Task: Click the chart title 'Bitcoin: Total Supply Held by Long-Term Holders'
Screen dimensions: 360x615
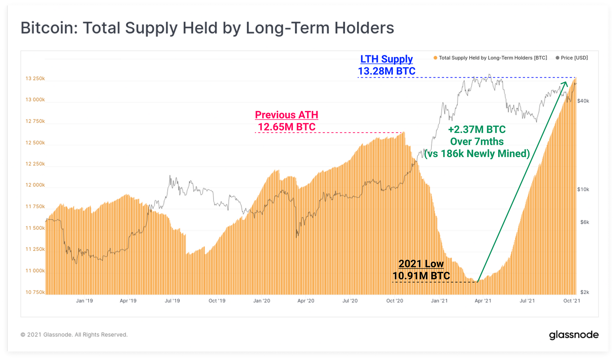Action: click(x=207, y=28)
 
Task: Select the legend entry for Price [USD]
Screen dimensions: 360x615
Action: click(x=572, y=58)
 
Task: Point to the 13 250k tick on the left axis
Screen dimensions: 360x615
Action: click(x=35, y=78)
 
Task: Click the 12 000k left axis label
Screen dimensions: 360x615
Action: click(x=35, y=185)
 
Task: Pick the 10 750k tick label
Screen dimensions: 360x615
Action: click(x=35, y=292)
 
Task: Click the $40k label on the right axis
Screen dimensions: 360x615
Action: click(x=583, y=101)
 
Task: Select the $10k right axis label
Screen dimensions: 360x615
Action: click(x=583, y=189)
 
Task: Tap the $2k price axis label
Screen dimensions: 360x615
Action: click(x=584, y=292)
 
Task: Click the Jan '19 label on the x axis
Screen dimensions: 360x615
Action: click(x=84, y=301)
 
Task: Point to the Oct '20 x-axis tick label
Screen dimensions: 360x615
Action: click(x=394, y=301)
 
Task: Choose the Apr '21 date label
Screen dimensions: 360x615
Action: click(x=483, y=301)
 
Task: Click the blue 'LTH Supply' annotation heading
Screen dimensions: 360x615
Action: click(x=386, y=59)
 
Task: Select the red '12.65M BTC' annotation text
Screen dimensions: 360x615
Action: click(x=286, y=127)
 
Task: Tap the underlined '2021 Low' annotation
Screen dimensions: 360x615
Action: click(x=421, y=264)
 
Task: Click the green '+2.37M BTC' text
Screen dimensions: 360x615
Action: click(x=477, y=129)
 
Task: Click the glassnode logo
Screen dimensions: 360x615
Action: click(x=573, y=335)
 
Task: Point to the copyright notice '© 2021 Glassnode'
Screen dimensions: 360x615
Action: click(x=74, y=335)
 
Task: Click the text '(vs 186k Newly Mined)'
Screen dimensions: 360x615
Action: click(x=477, y=154)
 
